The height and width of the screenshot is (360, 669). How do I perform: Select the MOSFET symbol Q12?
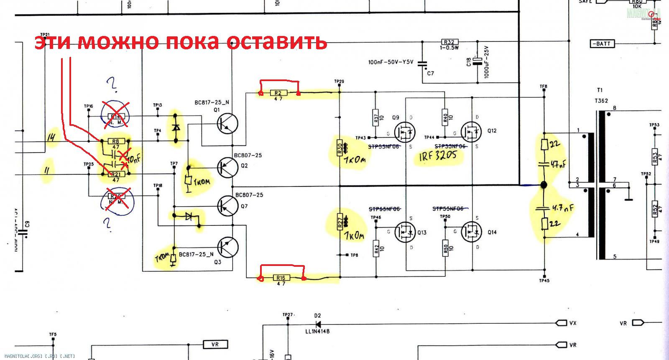click(471, 131)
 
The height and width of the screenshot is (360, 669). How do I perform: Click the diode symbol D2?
click(318, 324)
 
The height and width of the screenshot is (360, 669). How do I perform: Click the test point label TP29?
click(339, 81)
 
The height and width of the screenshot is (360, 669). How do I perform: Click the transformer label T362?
click(601, 101)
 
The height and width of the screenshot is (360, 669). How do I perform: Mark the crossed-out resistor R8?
click(116, 141)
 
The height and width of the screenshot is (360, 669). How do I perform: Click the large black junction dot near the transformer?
click(544, 185)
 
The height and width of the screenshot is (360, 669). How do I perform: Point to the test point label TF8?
click(543, 87)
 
